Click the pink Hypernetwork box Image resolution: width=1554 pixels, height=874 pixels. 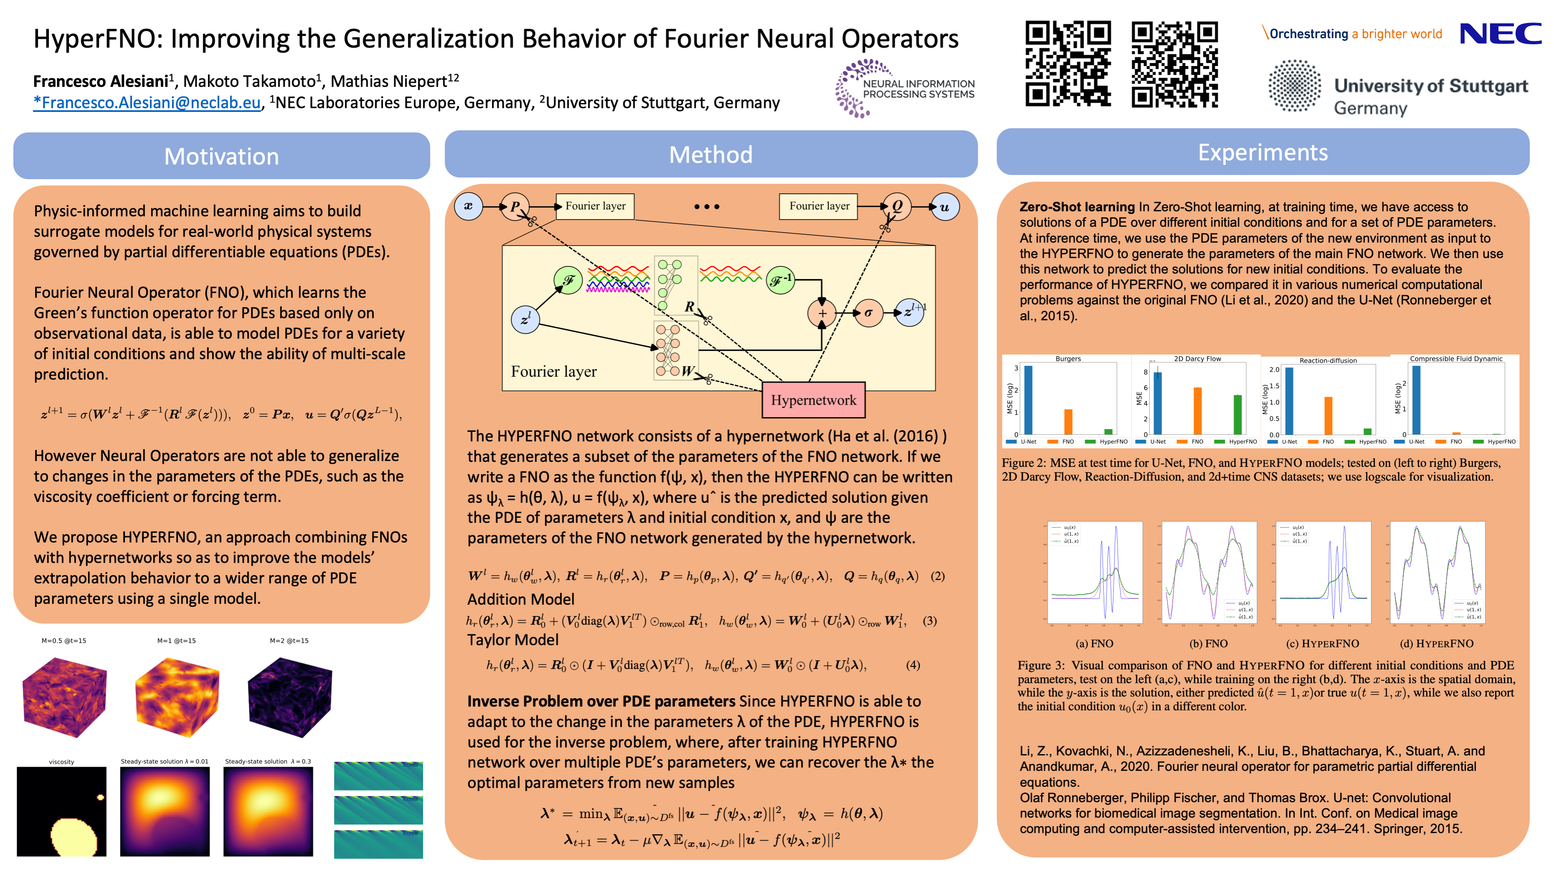(x=813, y=400)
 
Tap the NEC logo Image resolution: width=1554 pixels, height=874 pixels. (x=1500, y=34)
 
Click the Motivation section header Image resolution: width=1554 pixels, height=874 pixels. (x=221, y=156)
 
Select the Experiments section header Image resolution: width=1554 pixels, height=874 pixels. (x=1262, y=152)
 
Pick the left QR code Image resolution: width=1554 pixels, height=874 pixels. (x=1068, y=64)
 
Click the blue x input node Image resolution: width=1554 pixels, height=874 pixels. (x=468, y=206)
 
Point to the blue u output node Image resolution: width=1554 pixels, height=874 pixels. (x=944, y=207)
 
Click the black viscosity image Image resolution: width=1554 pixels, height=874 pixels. (x=61, y=811)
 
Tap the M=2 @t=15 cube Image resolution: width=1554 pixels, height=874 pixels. (x=289, y=697)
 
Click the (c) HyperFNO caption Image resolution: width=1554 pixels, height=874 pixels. (x=1322, y=643)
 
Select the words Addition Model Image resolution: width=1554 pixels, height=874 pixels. (x=521, y=599)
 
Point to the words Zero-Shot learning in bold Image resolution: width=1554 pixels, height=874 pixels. (x=1077, y=207)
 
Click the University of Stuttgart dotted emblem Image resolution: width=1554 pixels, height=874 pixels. (x=1295, y=86)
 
